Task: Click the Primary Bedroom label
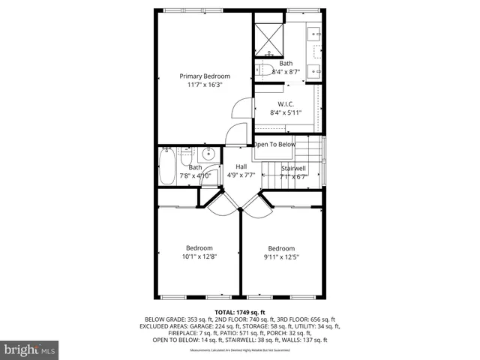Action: point(204,76)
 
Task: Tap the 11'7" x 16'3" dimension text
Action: point(204,85)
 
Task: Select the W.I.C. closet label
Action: point(285,103)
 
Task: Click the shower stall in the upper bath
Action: point(266,35)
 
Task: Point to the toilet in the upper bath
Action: point(264,70)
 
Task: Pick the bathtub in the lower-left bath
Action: point(166,166)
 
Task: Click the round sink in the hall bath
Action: point(209,155)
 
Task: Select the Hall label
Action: point(241,166)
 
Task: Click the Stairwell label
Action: point(293,169)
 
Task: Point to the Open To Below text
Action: point(274,144)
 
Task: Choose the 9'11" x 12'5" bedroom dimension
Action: point(281,257)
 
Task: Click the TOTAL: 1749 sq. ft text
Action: point(239,311)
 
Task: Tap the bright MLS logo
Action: point(30,349)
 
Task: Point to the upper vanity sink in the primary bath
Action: point(314,33)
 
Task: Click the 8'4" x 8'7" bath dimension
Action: point(286,72)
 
